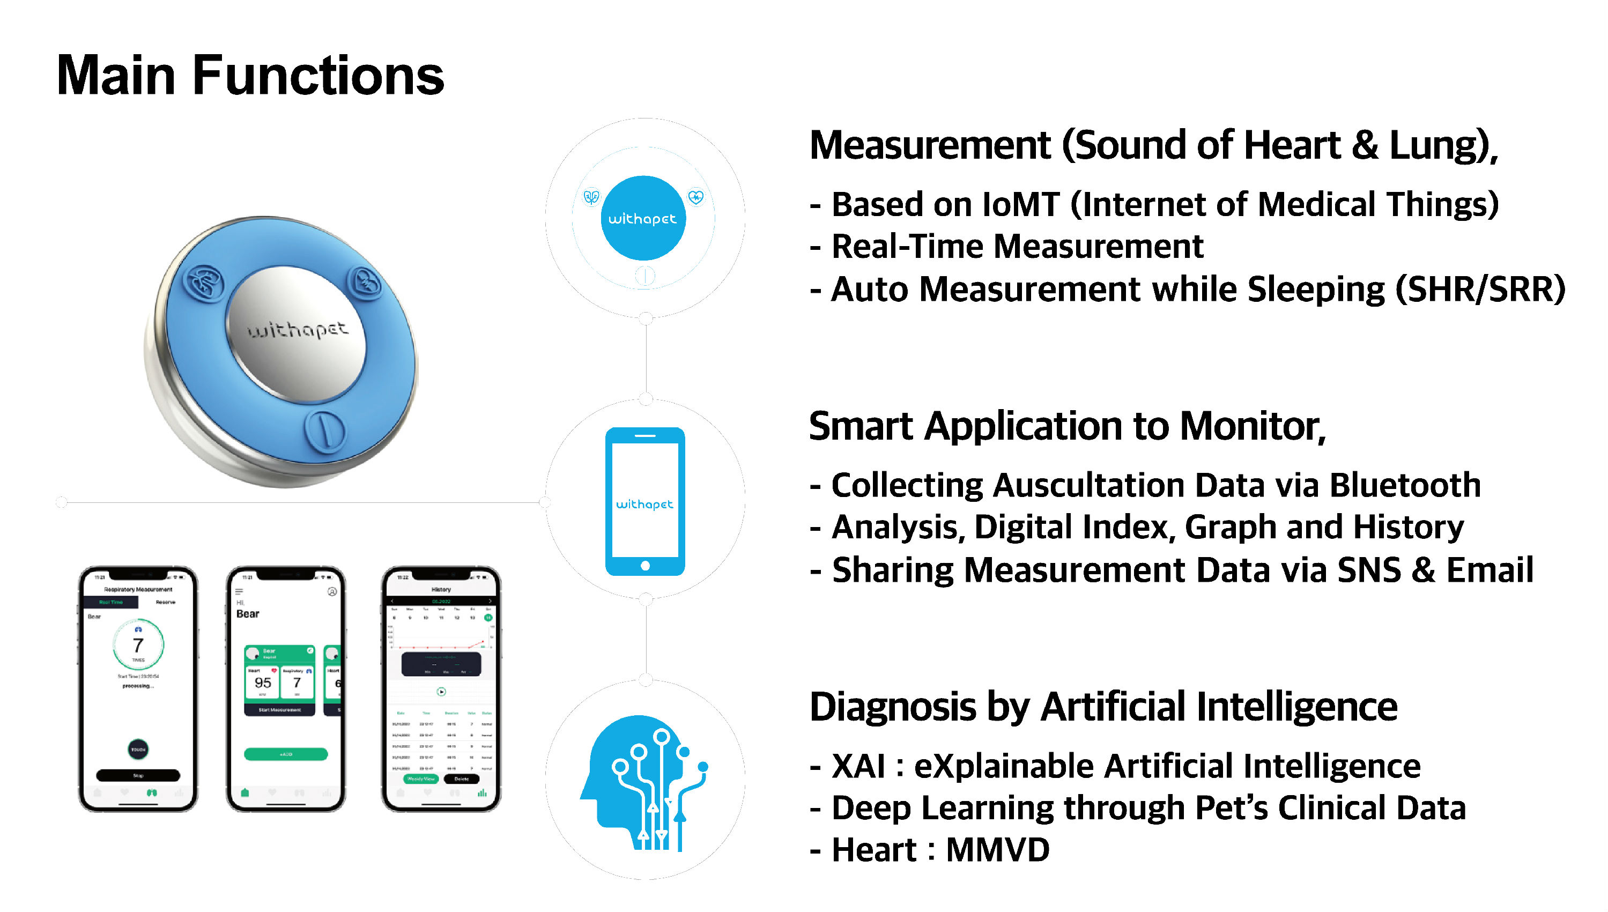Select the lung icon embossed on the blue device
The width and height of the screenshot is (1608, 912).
point(204,284)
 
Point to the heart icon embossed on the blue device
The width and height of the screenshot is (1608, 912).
point(366,283)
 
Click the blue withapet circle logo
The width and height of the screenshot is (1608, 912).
point(643,218)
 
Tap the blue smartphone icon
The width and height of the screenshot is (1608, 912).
point(644,501)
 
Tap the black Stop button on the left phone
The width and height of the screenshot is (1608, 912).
point(138,775)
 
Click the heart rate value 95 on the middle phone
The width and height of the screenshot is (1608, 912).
point(263,683)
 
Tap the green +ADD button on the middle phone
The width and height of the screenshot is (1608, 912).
point(286,754)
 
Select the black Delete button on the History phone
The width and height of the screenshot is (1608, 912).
point(461,778)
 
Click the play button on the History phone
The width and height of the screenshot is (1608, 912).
point(441,692)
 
